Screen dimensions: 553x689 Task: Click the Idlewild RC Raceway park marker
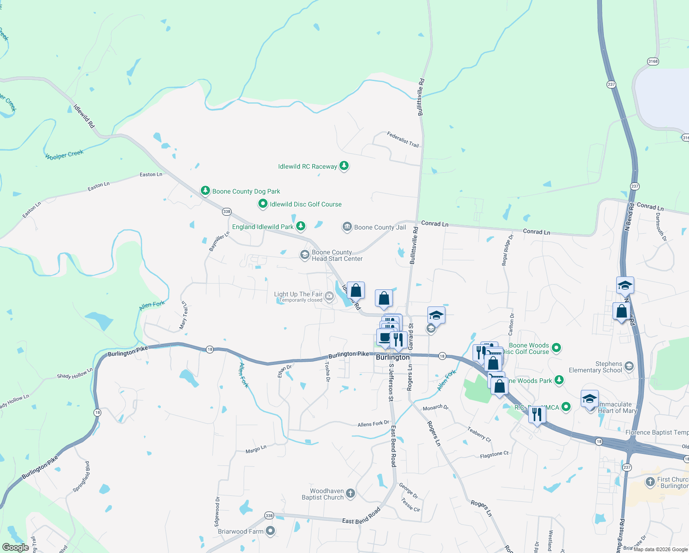coord(344,166)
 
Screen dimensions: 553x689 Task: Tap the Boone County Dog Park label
coord(246,191)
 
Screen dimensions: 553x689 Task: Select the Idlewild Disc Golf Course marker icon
coord(263,204)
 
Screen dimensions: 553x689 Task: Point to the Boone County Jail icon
coord(347,227)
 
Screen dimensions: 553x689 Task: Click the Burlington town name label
coord(392,357)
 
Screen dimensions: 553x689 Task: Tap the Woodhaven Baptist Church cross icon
coord(350,494)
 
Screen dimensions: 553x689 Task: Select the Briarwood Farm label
coord(240,531)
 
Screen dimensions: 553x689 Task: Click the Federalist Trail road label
coord(403,139)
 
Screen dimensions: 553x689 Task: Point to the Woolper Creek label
coord(64,155)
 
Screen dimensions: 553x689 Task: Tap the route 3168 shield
coord(653,61)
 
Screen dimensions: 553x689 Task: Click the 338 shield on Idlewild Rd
coord(227,212)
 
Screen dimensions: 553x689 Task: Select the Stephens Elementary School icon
coord(629,366)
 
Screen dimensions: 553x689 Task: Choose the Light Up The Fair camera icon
coord(329,296)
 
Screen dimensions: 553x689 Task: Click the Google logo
coord(16,547)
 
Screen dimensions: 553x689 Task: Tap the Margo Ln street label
coord(256,449)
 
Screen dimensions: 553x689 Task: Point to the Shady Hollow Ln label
coord(75,373)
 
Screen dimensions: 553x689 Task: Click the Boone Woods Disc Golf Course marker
coord(556,347)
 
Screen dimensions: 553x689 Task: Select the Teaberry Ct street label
coord(479,434)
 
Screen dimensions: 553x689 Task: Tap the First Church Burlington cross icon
coord(650,482)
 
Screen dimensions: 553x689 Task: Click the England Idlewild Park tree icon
coord(301,226)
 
